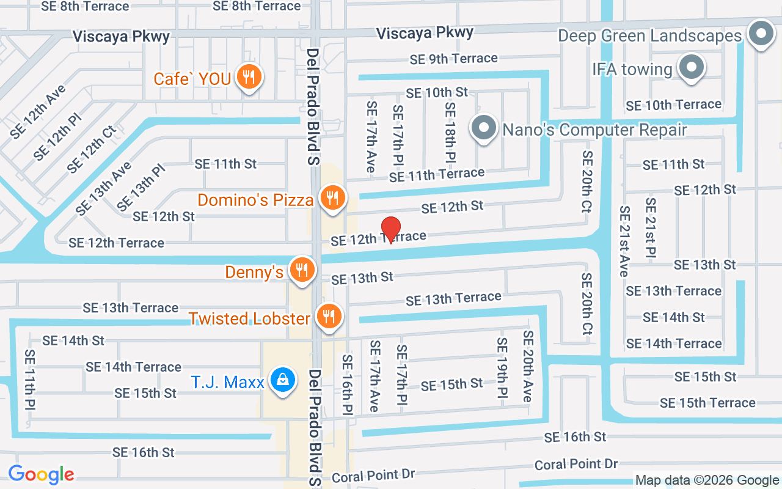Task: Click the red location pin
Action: (391, 230)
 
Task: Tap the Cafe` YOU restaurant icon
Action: (249, 77)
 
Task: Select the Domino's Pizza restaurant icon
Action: (332, 198)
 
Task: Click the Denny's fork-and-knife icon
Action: (301, 270)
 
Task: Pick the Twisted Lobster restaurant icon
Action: (330, 316)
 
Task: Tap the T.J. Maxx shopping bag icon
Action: (283, 380)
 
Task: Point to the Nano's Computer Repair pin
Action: (484, 128)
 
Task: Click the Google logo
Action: (41, 474)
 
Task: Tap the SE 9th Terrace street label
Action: (453, 59)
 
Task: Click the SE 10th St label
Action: (437, 92)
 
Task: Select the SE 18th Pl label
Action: (450, 132)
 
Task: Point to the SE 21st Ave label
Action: (624, 241)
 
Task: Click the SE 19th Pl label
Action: (502, 370)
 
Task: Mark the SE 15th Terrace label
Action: (707, 403)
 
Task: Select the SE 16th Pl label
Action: (348, 383)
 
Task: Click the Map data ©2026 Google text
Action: (707, 480)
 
